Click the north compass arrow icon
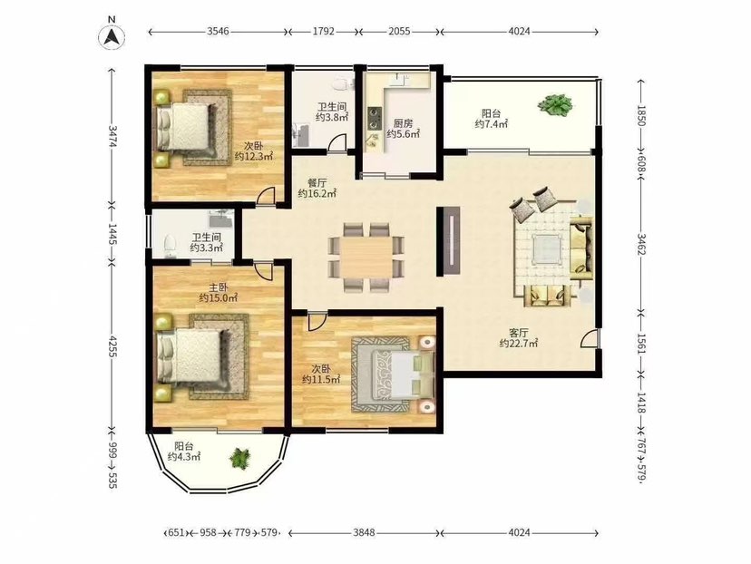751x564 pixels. tap(112, 35)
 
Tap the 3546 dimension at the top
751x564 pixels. tap(218, 32)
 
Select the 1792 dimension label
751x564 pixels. tap(324, 32)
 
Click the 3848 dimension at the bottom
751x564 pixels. tap(364, 532)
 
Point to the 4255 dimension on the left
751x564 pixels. tap(112, 345)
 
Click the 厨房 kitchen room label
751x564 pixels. tap(403, 123)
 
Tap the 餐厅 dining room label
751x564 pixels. tap(317, 183)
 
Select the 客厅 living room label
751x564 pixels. tap(519, 333)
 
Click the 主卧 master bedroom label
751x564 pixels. tap(219, 287)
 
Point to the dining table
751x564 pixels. tap(366, 258)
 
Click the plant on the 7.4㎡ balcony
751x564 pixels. tap(554, 105)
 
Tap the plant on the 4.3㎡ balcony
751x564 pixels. tap(240, 458)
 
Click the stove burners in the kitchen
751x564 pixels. tap(373, 118)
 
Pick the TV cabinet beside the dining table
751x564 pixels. tap(449, 241)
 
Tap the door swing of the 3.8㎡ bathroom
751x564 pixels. tap(337, 143)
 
